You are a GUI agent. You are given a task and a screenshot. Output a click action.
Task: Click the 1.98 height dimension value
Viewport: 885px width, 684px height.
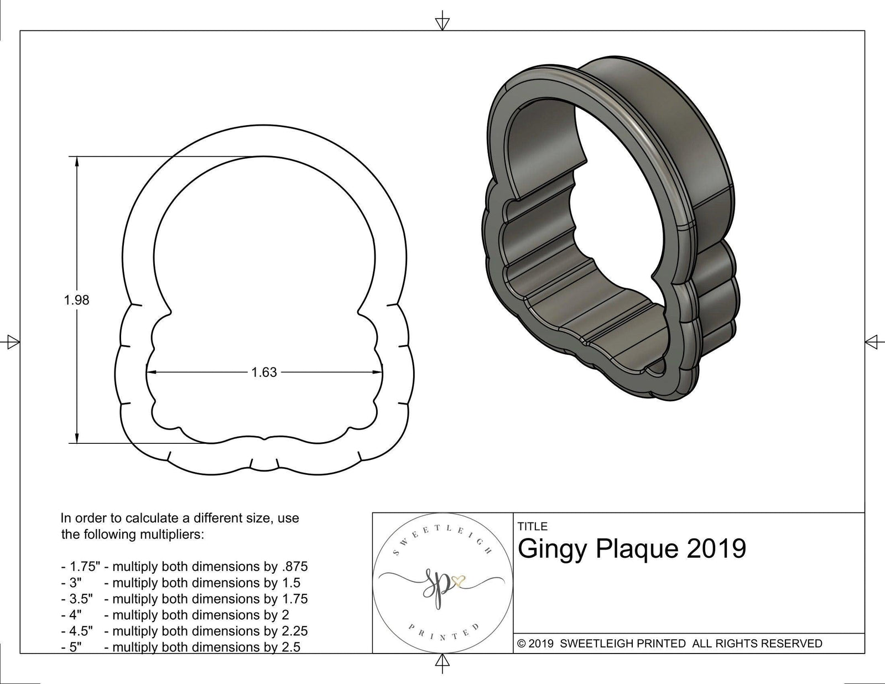tap(76, 300)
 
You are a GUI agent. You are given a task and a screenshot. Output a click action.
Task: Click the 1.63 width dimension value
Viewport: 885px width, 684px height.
tap(264, 372)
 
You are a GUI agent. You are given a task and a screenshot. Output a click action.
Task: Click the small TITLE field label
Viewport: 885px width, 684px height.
tap(532, 526)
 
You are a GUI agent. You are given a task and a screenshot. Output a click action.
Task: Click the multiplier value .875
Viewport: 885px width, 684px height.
tap(294, 567)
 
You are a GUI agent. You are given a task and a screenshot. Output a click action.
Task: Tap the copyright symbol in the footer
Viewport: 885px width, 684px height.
tap(520, 644)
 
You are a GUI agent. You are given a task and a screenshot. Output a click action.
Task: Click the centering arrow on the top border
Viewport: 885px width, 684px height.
tap(442, 23)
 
